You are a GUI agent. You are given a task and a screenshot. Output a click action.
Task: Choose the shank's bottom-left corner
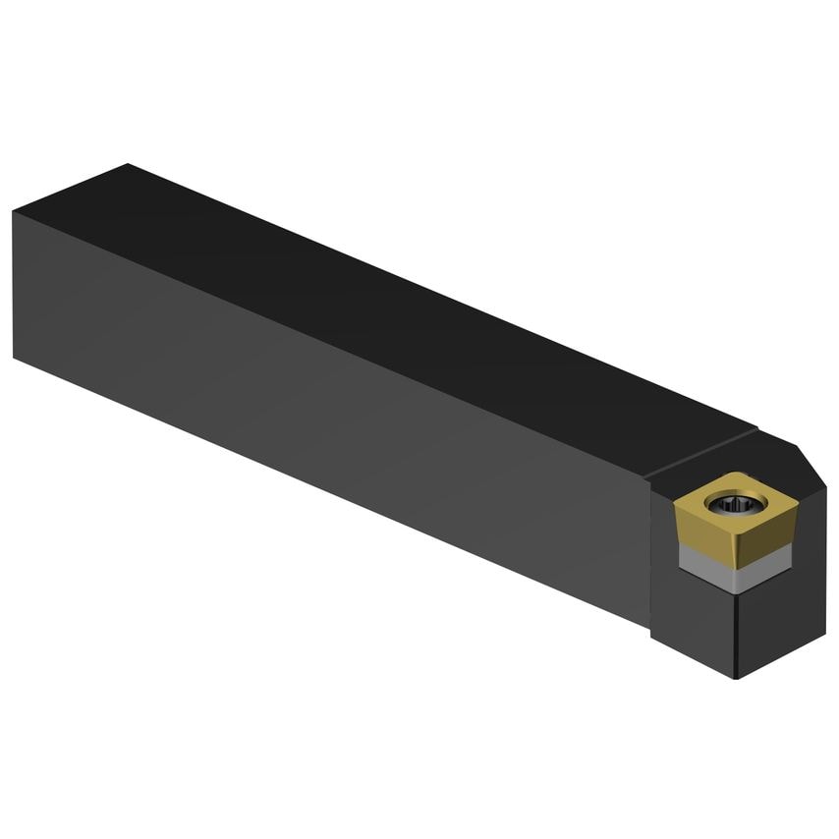[15, 359]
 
